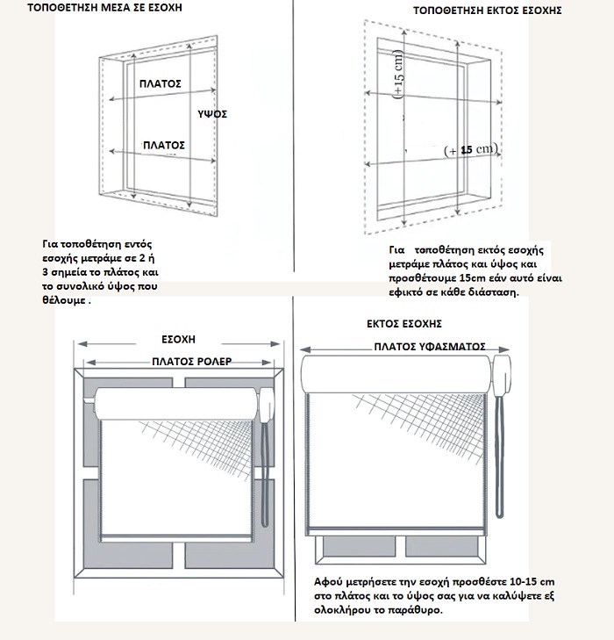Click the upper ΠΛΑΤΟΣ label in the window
click(x=161, y=83)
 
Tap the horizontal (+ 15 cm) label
click(x=471, y=150)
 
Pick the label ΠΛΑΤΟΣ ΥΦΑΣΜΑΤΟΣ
click(x=430, y=347)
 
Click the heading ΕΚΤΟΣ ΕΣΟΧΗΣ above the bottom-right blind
click(x=403, y=324)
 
